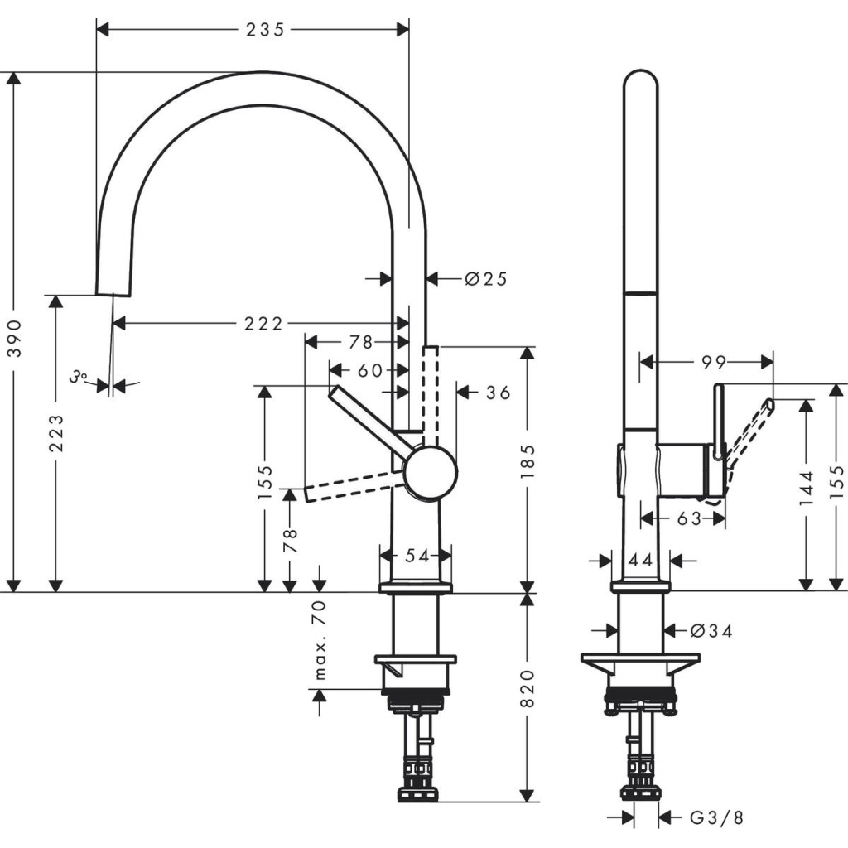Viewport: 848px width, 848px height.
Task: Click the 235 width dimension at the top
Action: [265, 29]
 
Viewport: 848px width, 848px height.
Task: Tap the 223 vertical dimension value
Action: [55, 432]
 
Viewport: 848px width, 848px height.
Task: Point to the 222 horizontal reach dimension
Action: [263, 323]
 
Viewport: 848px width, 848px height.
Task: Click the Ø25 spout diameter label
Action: [485, 279]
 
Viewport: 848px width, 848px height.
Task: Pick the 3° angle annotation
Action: [79, 377]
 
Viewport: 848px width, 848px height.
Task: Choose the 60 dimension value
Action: [370, 370]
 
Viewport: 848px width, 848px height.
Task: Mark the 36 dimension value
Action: [498, 393]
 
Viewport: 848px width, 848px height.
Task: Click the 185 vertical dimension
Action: [528, 461]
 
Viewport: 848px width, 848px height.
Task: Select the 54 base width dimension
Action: [417, 556]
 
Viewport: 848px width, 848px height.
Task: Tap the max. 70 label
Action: [320, 640]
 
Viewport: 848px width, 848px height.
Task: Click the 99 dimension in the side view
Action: [714, 362]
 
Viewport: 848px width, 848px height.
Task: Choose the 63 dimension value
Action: [688, 518]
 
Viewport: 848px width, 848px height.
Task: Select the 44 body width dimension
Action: [639, 561]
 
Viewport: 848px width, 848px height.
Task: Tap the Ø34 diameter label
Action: [711, 631]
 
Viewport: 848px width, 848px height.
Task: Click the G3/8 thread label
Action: [717, 818]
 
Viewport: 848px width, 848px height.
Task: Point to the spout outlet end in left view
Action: [113, 287]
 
